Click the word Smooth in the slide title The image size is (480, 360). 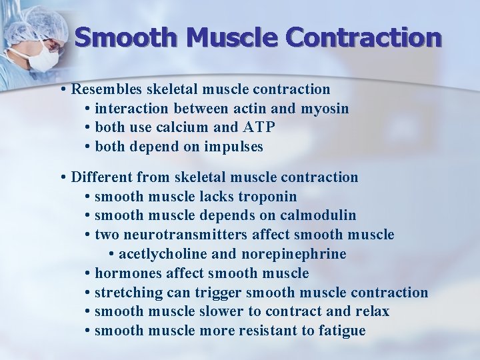[x=125, y=37]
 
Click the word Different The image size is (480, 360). [x=101, y=177]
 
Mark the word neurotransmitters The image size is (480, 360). [x=189, y=235]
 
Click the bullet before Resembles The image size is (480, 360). [x=61, y=89]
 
